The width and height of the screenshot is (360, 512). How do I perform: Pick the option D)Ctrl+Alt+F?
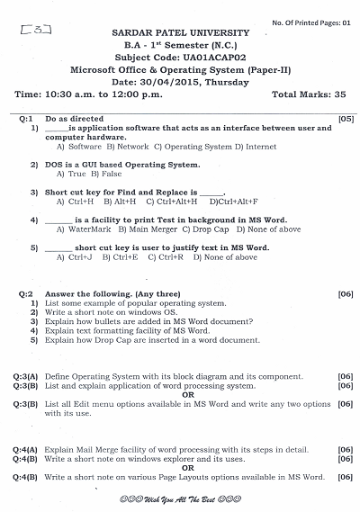click(x=233, y=202)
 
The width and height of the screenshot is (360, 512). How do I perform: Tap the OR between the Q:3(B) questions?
click(x=188, y=394)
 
